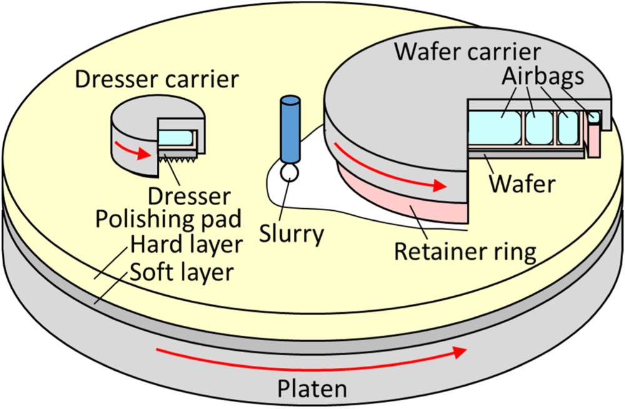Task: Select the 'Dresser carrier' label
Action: (x=156, y=79)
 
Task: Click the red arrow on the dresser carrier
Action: (x=132, y=151)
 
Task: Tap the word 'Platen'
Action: (x=312, y=389)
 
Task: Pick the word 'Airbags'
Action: (x=543, y=76)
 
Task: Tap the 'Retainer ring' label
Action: (x=465, y=251)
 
